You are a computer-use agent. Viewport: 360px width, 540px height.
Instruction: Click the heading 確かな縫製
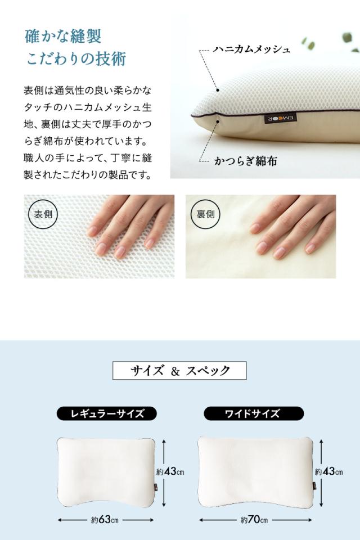pos(64,37)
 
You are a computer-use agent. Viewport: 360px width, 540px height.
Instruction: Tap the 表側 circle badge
pos(42,214)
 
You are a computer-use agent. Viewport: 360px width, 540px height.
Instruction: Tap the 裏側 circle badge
pos(205,214)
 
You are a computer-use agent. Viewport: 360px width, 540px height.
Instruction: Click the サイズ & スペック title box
pos(180,371)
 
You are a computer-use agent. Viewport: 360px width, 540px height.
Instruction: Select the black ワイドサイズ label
pos(253,414)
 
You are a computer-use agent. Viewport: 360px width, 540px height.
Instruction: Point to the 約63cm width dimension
pos(105,520)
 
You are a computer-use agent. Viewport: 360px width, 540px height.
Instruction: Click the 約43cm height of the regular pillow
pos(170,471)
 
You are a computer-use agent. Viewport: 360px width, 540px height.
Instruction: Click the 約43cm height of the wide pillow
pos(328,471)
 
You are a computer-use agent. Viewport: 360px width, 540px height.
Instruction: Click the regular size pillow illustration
pos(105,471)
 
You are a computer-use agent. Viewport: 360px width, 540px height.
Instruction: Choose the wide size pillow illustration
pos(254,471)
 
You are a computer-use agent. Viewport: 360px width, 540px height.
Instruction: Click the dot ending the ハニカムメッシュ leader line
pos(217,89)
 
